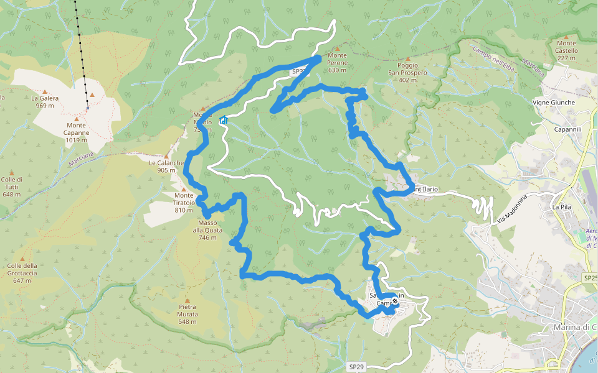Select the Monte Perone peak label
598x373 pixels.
[338, 63]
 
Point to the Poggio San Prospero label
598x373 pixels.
[407, 72]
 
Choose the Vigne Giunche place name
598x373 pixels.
[554, 103]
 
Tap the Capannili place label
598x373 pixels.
[567, 129]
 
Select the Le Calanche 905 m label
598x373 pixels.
[166, 167]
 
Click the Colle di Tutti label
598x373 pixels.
[12, 186]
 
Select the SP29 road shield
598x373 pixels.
[356, 367]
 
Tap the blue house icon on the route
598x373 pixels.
[223, 120]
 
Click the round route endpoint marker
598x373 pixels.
[395, 302]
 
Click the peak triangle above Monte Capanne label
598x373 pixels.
[77, 119]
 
